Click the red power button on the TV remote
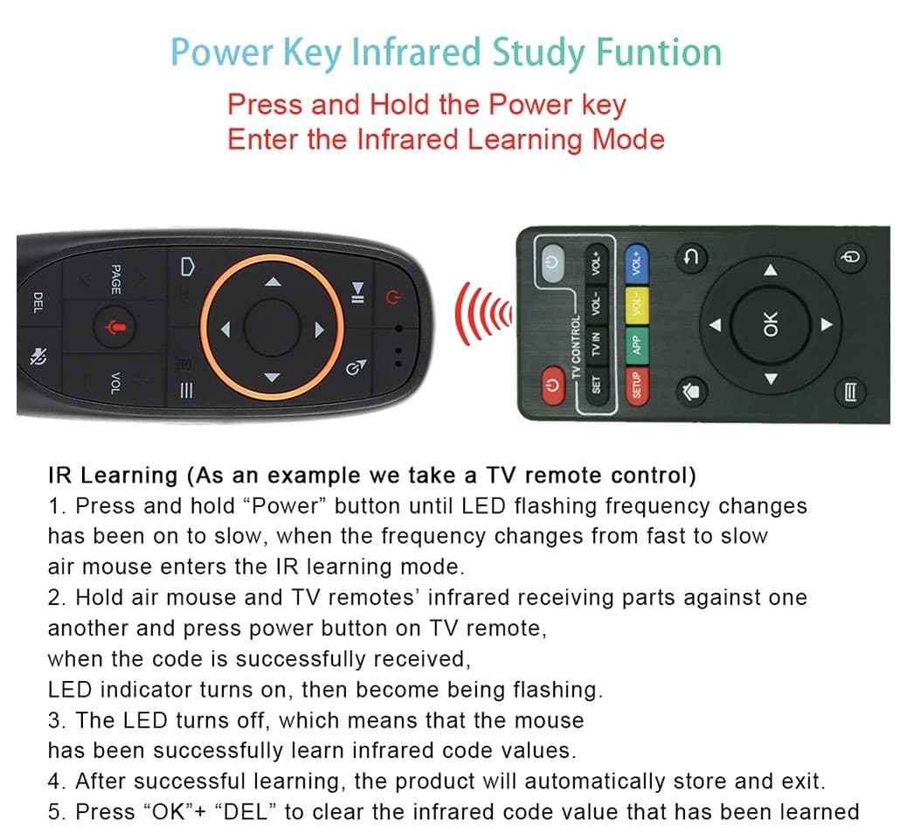coord(551,384)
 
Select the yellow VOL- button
coord(637,306)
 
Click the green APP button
coord(637,345)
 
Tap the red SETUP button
coord(637,386)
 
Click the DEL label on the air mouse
coord(38,302)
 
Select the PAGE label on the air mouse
coord(115,278)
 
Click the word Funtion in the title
coord(658,52)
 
